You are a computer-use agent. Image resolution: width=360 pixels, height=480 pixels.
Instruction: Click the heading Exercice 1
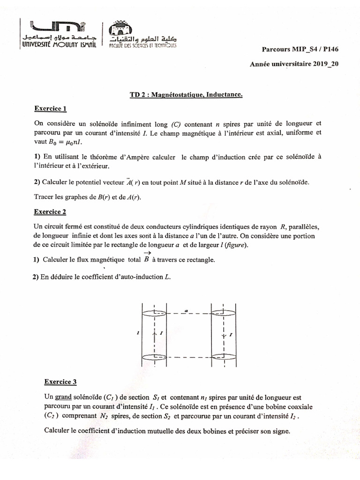(x=51, y=109)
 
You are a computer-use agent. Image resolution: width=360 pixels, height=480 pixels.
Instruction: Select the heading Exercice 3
(x=60, y=382)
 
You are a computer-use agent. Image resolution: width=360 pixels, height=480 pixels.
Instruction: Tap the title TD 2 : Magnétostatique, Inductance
(x=186, y=95)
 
